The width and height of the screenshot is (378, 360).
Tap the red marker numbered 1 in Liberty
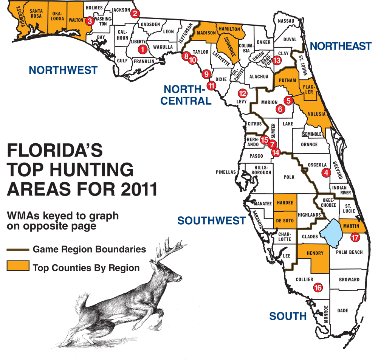(x=142, y=49)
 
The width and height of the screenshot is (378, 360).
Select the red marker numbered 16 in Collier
(x=318, y=288)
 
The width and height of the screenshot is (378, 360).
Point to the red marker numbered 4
(x=326, y=173)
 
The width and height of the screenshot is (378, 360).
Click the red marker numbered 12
(x=242, y=93)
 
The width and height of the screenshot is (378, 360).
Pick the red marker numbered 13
(x=277, y=60)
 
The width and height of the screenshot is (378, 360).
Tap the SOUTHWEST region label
(x=212, y=220)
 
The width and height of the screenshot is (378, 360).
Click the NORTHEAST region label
(x=341, y=46)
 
